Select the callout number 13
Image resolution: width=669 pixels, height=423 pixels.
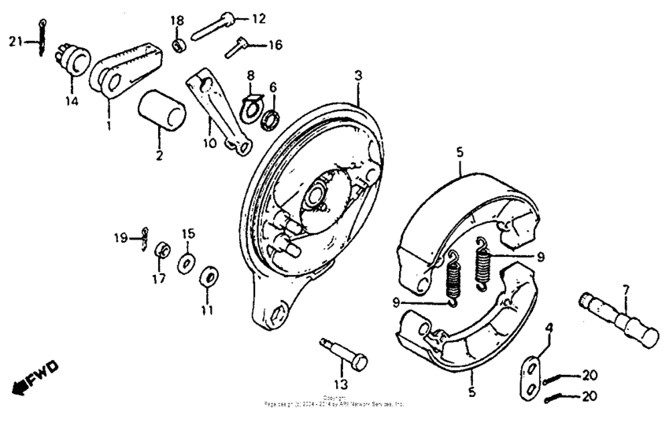339,384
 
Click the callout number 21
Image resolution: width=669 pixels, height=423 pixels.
15,41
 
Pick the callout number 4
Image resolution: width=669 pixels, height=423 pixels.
549,326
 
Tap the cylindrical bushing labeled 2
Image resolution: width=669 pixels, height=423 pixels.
162,110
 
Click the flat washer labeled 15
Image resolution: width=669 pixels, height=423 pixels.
187,262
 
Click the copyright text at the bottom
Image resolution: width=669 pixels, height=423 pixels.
334,402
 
